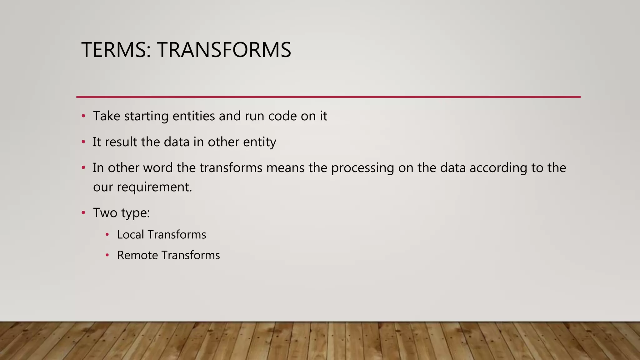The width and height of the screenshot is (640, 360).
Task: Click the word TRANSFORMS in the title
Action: pyautogui.click(x=224, y=50)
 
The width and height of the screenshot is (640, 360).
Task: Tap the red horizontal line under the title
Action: pyautogui.click(x=328, y=97)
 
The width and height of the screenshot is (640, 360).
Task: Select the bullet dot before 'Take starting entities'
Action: pyautogui.click(x=83, y=116)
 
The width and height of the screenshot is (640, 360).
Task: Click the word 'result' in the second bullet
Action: pyautogui.click(x=121, y=142)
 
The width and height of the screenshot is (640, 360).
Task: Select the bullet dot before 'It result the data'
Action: pyautogui.click(x=83, y=142)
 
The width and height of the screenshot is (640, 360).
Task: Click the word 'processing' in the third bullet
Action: pyautogui.click(x=362, y=168)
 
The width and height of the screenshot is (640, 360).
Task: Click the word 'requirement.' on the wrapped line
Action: pyautogui.click(x=154, y=187)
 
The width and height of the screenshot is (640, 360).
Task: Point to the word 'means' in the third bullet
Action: pyautogui.click(x=285, y=168)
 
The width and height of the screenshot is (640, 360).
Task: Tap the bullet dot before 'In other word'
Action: pyautogui.click(x=83, y=168)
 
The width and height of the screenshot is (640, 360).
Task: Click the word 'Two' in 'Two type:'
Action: pyautogui.click(x=105, y=213)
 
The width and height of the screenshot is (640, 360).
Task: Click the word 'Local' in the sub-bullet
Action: pyautogui.click(x=130, y=235)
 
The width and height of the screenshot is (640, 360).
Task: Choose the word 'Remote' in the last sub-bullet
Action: pyautogui.click(x=137, y=255)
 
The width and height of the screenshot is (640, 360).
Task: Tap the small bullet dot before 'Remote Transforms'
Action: pyautogui.click(x=107, y=255)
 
